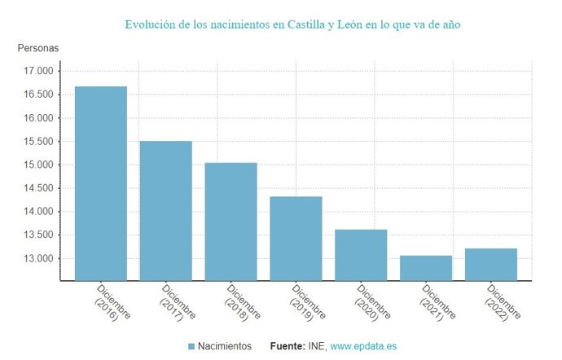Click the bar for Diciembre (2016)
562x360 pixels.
point(101,183)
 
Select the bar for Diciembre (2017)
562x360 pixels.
point(165,211)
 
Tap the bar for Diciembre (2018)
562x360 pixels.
point(231,222)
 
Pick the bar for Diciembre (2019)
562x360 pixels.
point(296,239)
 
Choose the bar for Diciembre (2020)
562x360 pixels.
point(361,255)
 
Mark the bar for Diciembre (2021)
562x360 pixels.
point(426,268)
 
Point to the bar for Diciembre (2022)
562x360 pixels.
point(491,265)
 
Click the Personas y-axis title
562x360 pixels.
point(38,48)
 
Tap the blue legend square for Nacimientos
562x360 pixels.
point(191,346)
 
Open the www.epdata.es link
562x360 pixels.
point(364,346)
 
